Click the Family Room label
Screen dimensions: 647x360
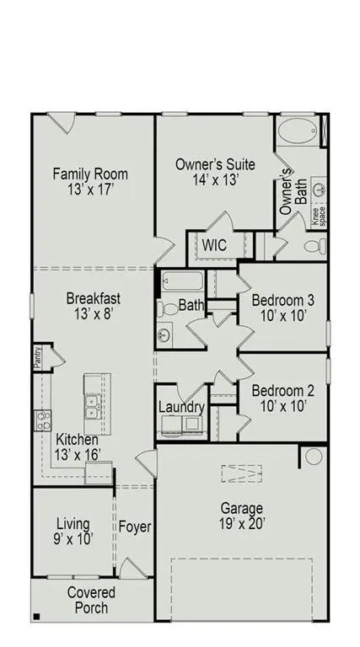pos(90,182)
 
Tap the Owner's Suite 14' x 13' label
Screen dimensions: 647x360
pos(215,172)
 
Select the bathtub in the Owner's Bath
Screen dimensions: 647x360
pos(298,133)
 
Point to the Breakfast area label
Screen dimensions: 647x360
pos(94,305)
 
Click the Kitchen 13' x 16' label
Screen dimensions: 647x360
pos(78,447)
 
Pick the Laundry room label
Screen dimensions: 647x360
pos(182,408)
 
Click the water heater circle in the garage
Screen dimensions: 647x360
pos(314,457)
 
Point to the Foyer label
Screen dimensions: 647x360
pos(134,527)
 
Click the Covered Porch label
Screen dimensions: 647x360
pos(92,600)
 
